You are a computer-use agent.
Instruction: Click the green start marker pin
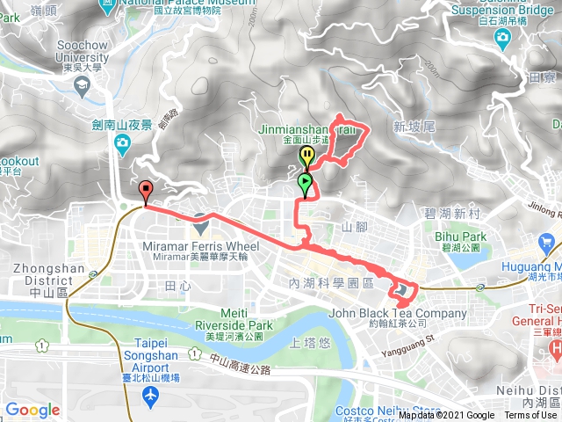305,184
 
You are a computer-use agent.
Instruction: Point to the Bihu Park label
460,236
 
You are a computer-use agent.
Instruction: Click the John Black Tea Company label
399,314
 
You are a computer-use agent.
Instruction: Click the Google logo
32,410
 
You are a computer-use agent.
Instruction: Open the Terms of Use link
530,415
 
